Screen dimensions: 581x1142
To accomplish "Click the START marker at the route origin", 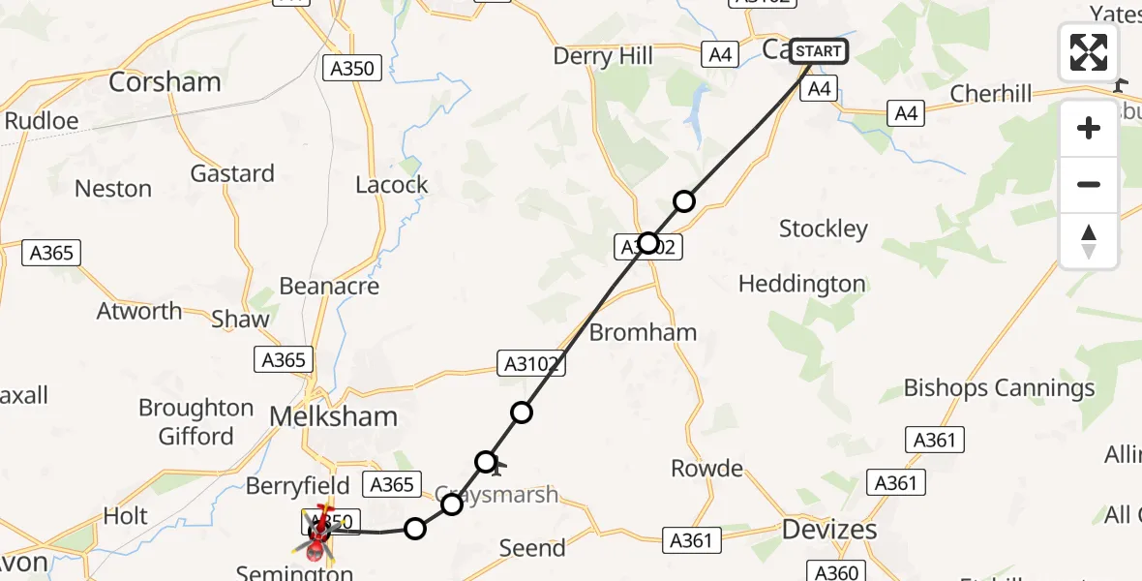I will click(819, 50).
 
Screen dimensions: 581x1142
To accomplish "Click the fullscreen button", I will click(1089, 52).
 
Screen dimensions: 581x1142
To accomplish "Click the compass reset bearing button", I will click(1089, 241).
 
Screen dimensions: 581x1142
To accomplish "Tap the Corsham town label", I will click(165, 82).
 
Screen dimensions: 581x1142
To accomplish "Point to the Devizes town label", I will click(829, 530).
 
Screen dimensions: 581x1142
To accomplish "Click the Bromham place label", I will click(643, 332).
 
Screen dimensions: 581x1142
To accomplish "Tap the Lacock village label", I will click(391, 184).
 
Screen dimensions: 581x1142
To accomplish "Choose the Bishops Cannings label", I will click(999, 388).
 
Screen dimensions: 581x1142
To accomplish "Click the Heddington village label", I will click(801, 284).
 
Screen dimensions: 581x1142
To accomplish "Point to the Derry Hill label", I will click(603, 56).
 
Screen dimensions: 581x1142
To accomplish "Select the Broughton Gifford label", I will click(196, 421).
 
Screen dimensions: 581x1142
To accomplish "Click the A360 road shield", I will click(835, 571).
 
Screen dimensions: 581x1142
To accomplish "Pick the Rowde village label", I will click(706, 469).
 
